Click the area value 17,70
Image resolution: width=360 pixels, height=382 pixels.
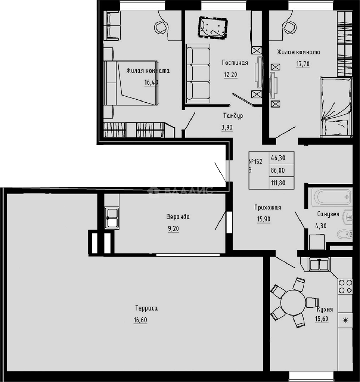tap(303, 64)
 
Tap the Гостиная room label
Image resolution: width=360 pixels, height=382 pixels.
tap(235, 63)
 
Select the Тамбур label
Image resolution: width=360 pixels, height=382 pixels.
tap(233, 116)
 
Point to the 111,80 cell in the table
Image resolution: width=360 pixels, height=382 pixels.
tap(278, 183)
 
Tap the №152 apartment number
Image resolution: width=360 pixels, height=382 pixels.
tap(256, 162)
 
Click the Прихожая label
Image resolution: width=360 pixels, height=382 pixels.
tap(267, 208)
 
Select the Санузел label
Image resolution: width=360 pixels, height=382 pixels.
tap(328, 214)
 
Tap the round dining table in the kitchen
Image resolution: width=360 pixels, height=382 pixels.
tap(293, 302)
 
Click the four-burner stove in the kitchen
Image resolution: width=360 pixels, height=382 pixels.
tap(345, 286)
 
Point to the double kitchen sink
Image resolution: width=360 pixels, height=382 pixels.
tap(319, 264)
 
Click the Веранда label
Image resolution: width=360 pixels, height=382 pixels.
tap(178, 217)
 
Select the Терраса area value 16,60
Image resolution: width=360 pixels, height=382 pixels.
tap(141, 320)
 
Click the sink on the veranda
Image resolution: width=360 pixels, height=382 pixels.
tap(112, 218)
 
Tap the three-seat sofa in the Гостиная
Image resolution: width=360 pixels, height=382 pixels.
tap(198, 73)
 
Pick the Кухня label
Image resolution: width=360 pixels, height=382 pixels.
tap(325, 309)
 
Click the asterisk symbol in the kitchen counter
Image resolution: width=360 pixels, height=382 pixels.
tap(345, 320)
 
